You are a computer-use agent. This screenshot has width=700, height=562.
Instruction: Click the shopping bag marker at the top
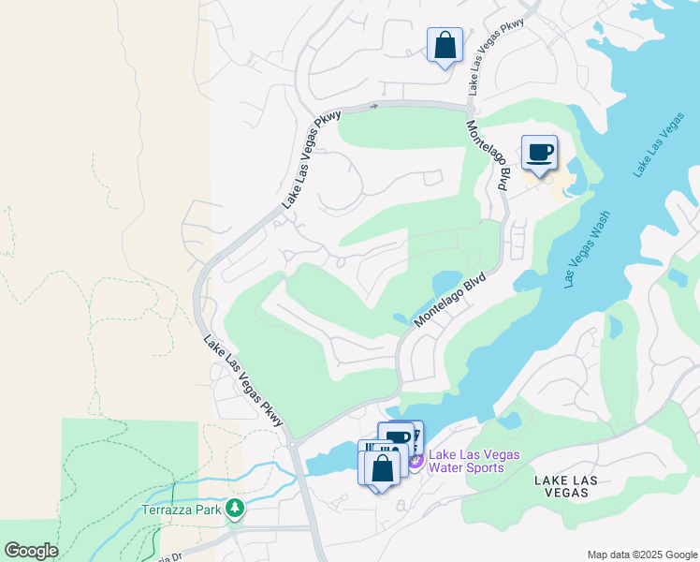[x=445, y=44]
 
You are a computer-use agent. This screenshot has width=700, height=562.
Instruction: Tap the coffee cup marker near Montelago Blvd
[x=538, y=153]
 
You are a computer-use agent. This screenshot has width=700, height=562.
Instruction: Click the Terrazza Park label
[x=181, y=510]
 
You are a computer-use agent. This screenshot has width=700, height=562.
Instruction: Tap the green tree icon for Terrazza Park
[x=234, y=509]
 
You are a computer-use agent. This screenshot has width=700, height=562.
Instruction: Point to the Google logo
[x=31, y=551]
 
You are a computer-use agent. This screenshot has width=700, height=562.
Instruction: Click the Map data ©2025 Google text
[x=641, y=555]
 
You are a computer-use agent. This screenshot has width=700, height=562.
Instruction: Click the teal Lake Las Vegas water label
[x=658, y=145]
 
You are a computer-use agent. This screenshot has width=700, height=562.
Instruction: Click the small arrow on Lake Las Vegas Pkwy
[x=374, y=106]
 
